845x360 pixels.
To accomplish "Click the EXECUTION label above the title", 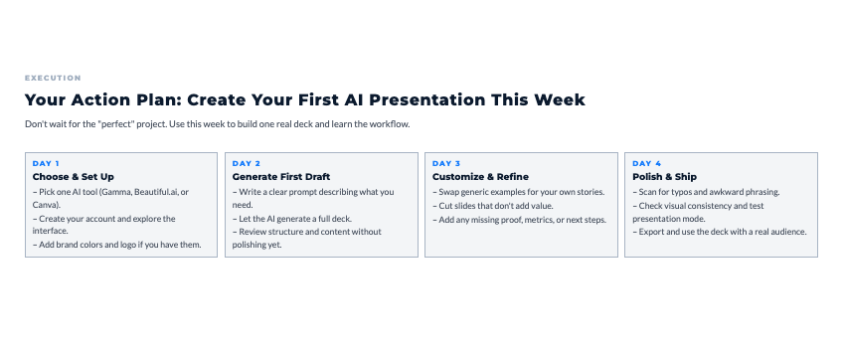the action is click(53, 79).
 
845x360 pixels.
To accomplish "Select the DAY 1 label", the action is click(46, 163).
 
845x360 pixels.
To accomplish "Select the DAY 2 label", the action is click(247, 163).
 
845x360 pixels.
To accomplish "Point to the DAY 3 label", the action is click(446, 163).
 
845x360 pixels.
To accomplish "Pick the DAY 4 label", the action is click(647, 163).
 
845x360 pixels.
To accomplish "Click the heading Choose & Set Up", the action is click(74, 177).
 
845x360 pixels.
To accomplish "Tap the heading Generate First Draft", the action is click(281, 177).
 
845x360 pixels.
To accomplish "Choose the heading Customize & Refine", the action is click(481, 177).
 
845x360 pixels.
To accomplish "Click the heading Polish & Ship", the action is click(664, 177).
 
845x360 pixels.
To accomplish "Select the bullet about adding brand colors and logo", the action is click(117, 245).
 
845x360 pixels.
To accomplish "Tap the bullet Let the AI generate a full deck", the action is click(292, 219).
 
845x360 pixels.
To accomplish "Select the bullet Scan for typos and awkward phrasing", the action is click(706, 192).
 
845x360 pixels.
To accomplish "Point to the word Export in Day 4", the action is click(651, 232).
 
